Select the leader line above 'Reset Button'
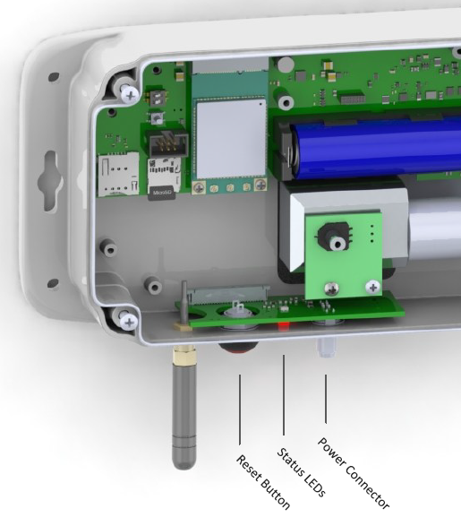coord(240,408)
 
